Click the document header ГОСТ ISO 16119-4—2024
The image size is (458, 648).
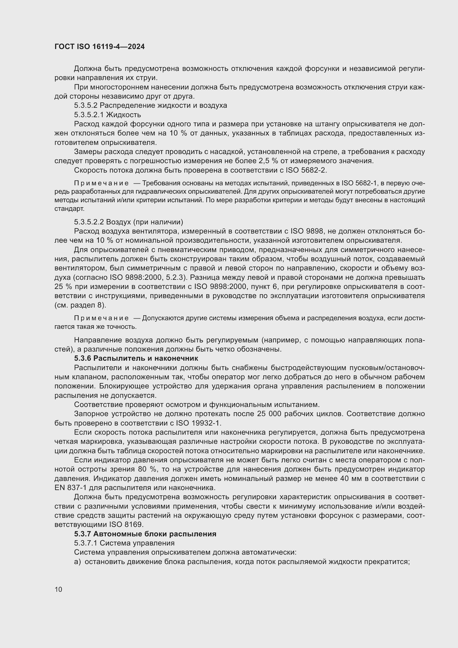pyautogui.click(x=100, y=47)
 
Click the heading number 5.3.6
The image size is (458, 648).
pyautogui.click(x=83, y=358)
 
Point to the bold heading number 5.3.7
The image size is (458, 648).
pyautogui.click(x=83, y=534)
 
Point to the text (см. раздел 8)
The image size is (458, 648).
pyautogui.click(x=80, y=305)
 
